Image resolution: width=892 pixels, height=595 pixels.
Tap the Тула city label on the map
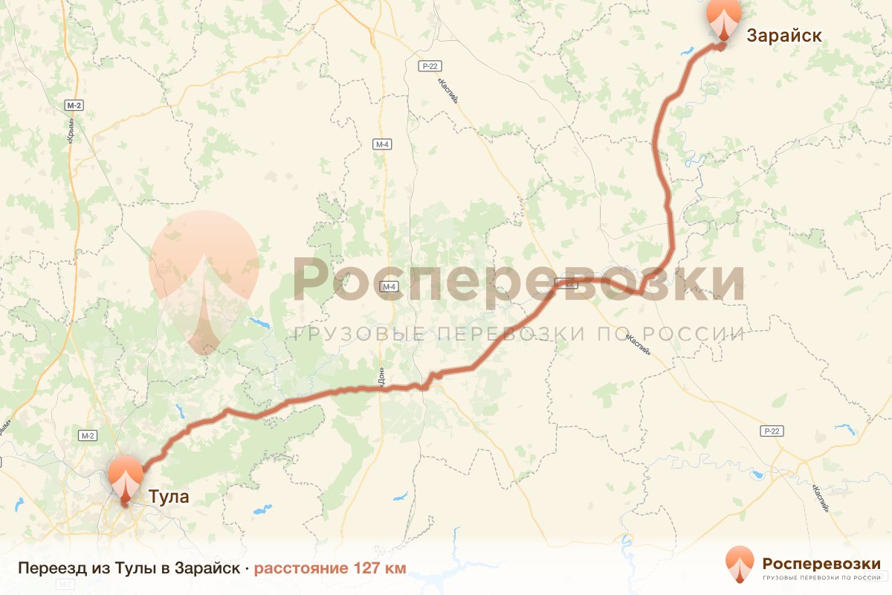point(169,497)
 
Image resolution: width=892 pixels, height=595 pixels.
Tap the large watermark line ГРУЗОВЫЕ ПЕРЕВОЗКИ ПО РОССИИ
point(519,334)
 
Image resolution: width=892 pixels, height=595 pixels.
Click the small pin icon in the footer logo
point(740,565)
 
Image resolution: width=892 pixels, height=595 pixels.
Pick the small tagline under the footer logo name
point(821,577)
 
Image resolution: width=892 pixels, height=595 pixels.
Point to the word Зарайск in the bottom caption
point(207,569)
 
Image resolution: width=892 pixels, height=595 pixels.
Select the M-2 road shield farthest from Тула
point(74,105)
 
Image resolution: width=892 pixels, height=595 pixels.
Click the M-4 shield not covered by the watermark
point(382,144)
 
